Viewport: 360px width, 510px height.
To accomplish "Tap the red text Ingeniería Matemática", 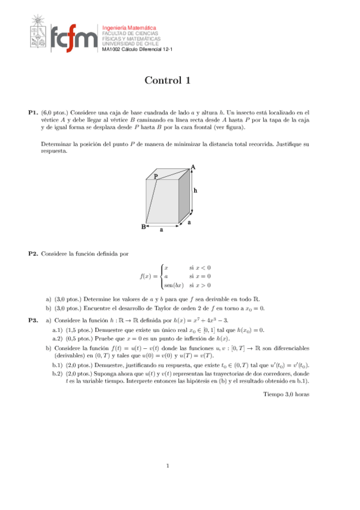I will [129, 28].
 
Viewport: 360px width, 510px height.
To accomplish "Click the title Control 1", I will [168, 81].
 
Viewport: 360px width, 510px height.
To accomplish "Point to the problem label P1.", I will [34, 112].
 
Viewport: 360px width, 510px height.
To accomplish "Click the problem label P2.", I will [34, 254].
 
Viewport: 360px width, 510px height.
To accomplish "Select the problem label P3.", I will [34, 321].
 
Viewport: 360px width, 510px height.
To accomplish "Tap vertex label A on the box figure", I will [193, 167].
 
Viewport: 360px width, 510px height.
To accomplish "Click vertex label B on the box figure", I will [144, 227].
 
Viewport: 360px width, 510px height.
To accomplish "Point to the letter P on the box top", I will [155, 176].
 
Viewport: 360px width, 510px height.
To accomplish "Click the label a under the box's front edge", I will [161, 229].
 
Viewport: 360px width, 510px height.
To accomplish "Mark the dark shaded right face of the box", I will [185, 198].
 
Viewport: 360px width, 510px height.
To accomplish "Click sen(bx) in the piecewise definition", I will [174, 285].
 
